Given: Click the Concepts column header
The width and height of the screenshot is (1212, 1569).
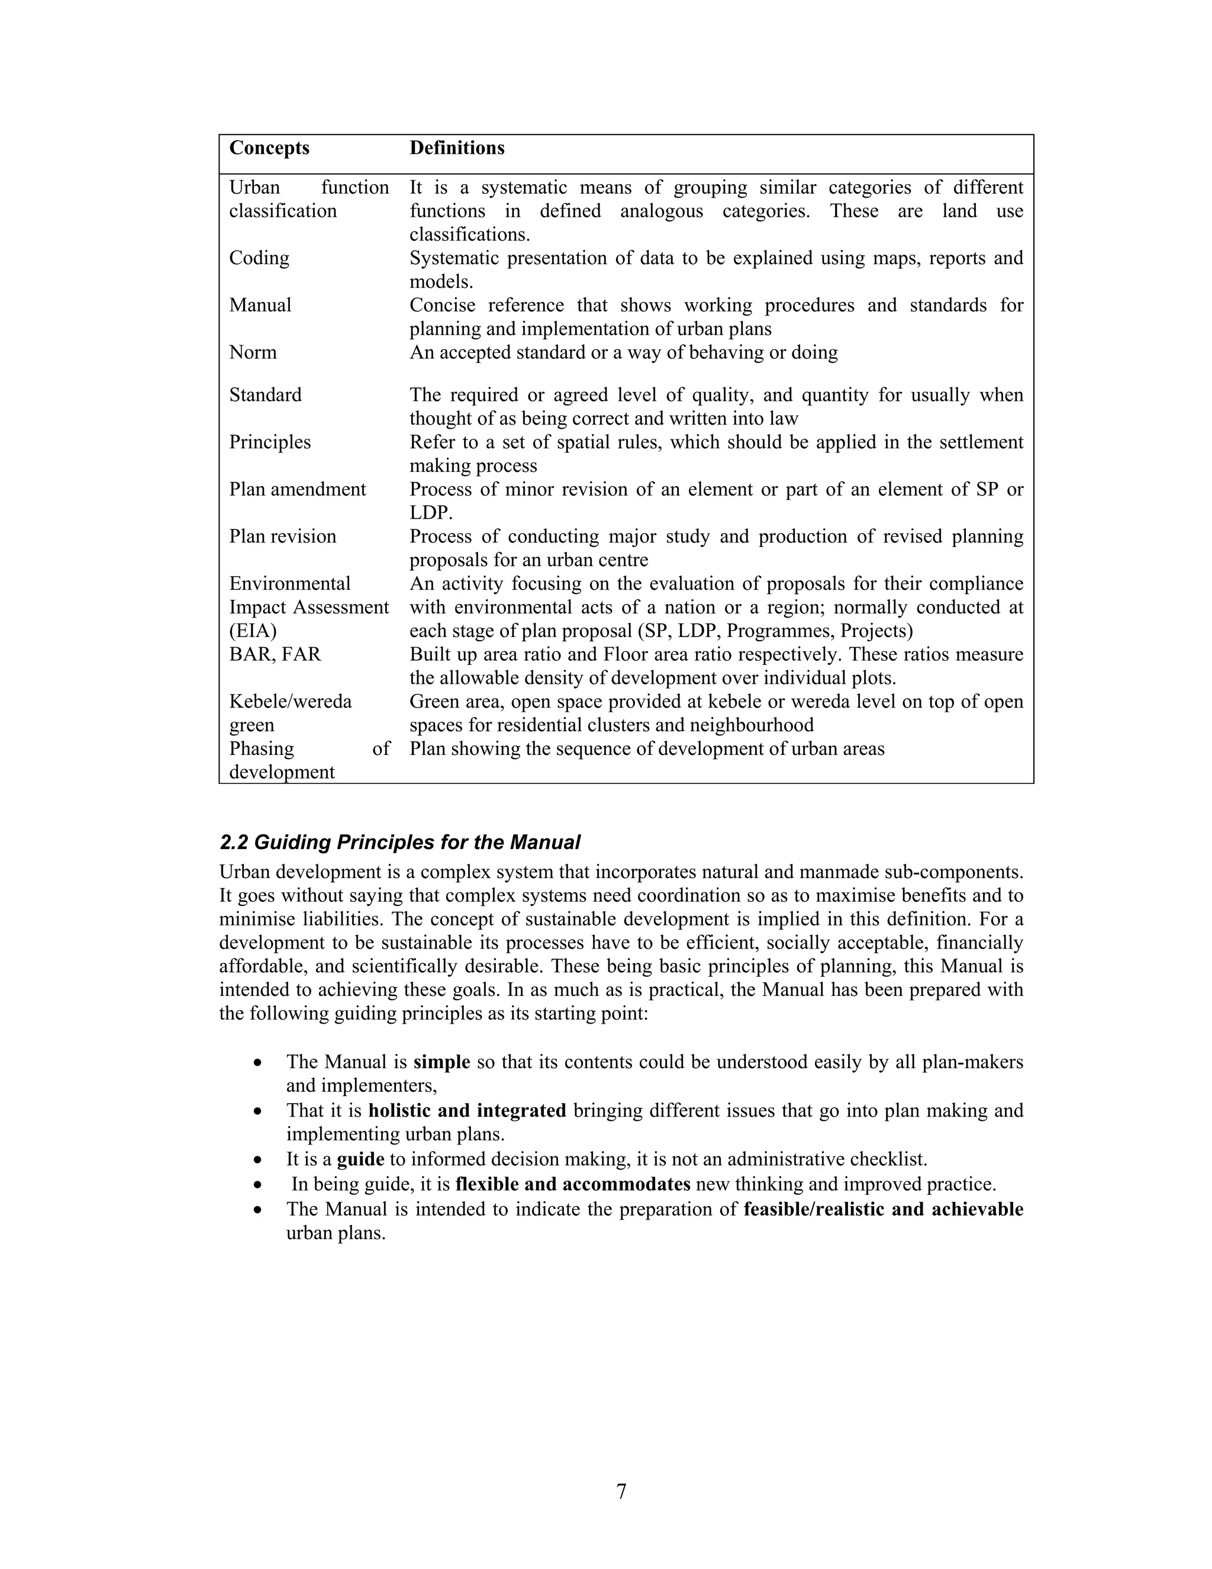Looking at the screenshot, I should click(x=269, y=148).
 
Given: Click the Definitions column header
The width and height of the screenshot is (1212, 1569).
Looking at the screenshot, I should click(x=457, y=148).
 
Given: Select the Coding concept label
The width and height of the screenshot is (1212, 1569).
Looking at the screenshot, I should click(x=259, y=258).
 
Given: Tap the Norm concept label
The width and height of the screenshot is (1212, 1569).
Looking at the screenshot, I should click(x=253, y=352).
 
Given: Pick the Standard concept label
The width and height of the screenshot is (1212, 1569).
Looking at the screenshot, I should click(x=265, y=395).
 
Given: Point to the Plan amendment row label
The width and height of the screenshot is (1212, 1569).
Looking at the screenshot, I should click(x=297, y=489).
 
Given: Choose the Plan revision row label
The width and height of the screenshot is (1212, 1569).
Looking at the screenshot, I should click(x=282, y=536).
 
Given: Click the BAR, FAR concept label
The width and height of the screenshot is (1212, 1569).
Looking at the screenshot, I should click(x=275, y=654).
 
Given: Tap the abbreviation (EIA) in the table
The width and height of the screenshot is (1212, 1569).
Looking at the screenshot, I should click(x=253, y=631).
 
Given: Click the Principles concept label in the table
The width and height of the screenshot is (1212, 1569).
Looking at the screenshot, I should click(x=270, y=442).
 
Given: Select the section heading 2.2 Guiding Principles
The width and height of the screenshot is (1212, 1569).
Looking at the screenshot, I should click(x=400, y=842).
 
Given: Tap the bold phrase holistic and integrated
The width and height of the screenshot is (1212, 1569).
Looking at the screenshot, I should click(x=468, y=1111).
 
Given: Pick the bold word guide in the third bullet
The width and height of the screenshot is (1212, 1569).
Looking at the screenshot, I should click(x=360, y=1159).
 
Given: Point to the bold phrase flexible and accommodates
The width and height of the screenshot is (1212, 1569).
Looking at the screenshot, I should click(x=573, y=1184).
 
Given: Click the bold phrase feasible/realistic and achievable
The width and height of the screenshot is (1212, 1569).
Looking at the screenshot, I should click(x=883, y=1209).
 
